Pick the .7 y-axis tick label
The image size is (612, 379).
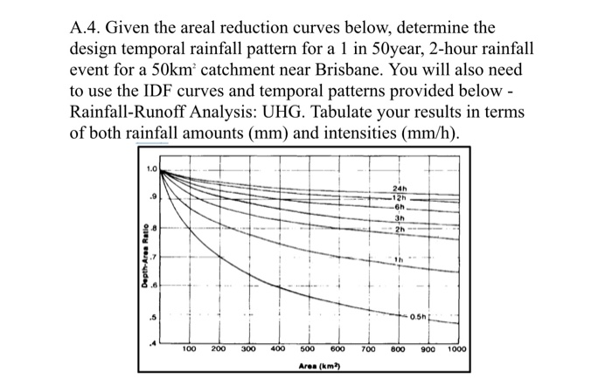(154, 256)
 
